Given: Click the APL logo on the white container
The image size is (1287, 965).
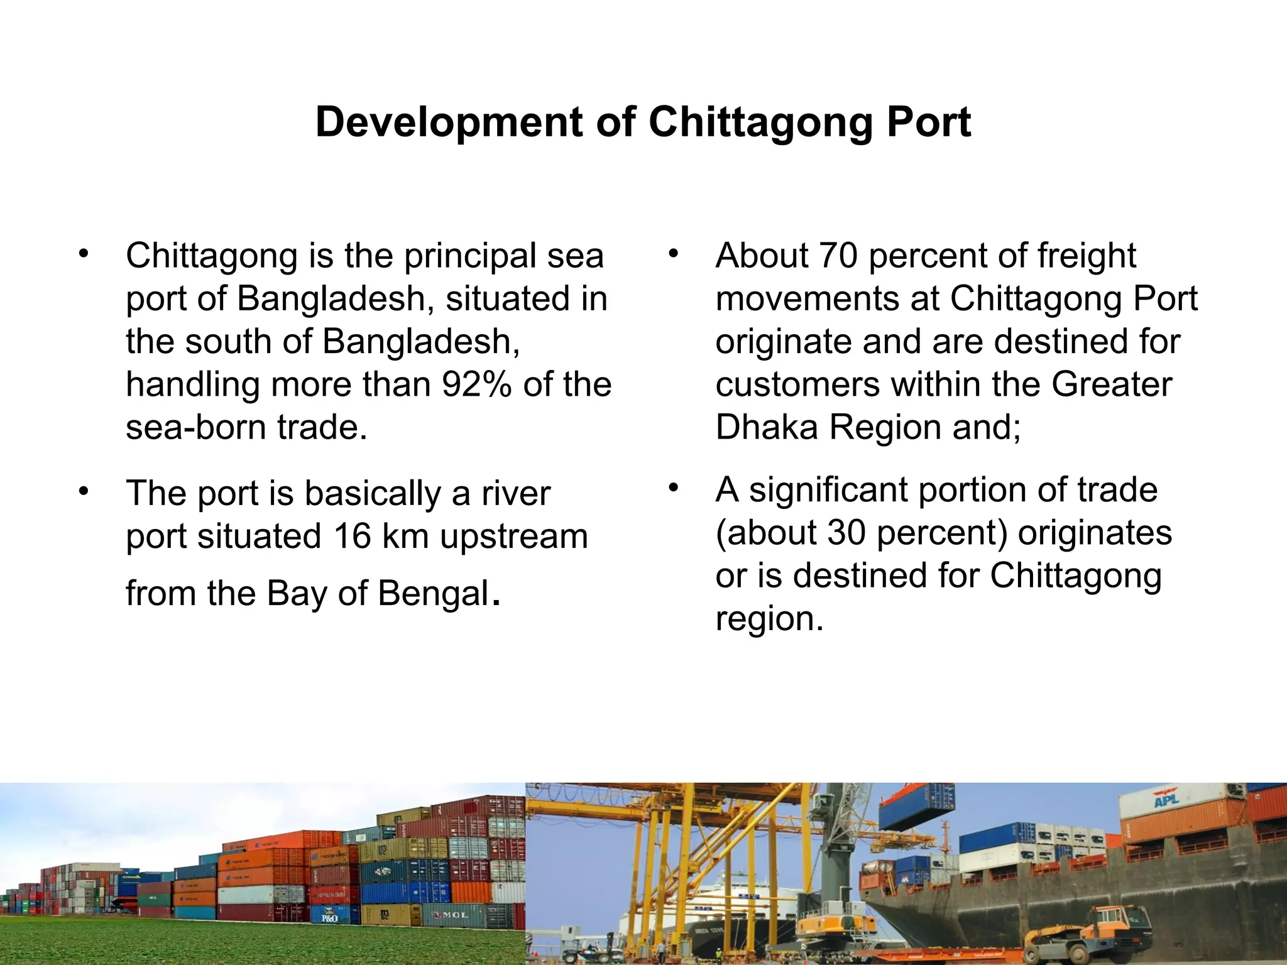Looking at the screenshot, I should (1166, 800).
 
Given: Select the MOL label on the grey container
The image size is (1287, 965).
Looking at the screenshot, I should (455, 915).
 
